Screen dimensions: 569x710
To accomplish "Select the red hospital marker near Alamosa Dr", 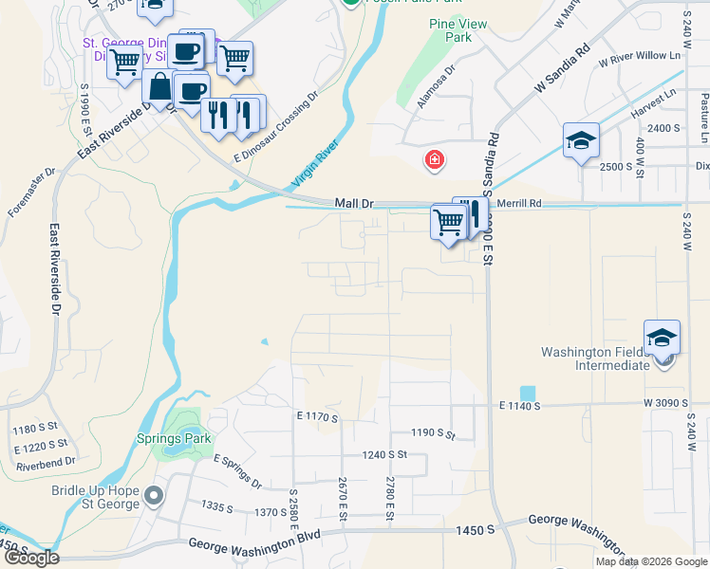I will pos(435,159).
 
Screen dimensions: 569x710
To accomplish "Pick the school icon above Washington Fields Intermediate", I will pos(662,337).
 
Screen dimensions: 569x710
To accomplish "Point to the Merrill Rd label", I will pos(522,204).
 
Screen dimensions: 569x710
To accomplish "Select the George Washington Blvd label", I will pos(254,544).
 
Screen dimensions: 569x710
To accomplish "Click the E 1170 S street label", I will pos(317,415).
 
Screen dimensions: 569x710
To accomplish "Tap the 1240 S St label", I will pos(383,454).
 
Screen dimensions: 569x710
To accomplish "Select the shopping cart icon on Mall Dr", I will pos(447,222).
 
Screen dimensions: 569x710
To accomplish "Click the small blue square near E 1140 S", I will pos(527,393).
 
